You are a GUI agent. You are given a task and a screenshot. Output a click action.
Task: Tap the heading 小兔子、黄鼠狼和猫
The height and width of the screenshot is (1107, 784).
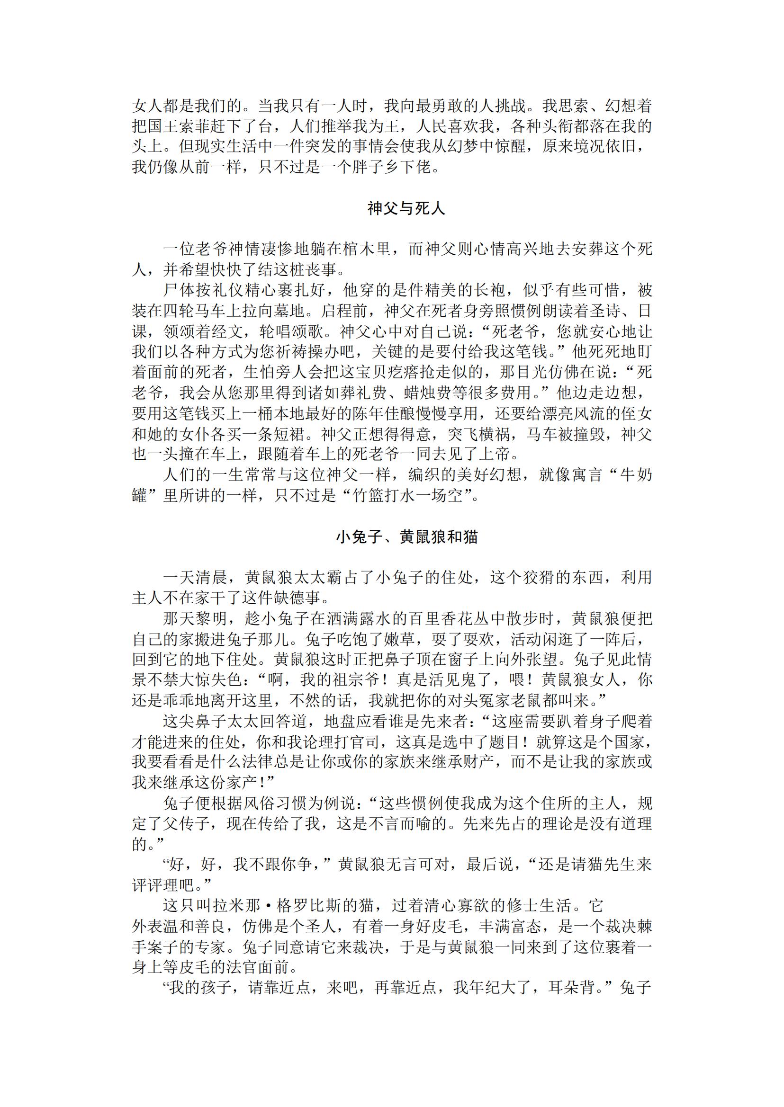[406, 537]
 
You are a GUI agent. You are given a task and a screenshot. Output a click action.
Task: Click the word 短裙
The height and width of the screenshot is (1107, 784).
[295, 434]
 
